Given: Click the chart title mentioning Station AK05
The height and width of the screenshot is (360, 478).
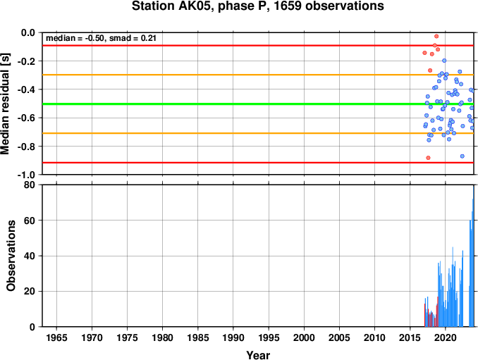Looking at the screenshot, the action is pos(257,6).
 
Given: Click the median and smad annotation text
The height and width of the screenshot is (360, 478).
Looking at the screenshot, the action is pos(101,38).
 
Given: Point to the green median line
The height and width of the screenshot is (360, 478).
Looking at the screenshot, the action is pos(258,104).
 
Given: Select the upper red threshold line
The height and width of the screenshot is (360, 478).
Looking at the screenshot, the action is pos(258,46).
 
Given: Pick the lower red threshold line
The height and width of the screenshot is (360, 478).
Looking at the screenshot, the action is pos(258,163).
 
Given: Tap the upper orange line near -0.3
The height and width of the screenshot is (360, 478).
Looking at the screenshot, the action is pos(258,75).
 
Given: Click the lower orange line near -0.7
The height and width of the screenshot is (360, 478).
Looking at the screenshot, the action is pos(258,133).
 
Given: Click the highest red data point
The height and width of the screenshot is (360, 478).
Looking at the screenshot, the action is pos(436,36).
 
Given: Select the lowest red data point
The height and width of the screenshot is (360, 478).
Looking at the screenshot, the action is pos(428,158).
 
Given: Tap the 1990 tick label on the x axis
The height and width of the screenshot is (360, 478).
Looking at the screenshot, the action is pos(233,337).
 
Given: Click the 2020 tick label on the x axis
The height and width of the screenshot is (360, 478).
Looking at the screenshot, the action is pos(446,337).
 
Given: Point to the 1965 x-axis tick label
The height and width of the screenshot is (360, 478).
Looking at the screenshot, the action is pos(56,337).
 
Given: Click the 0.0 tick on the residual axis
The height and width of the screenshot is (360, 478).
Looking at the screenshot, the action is pos(28,32).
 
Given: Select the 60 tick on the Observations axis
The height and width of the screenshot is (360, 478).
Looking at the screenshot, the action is pos(30,221).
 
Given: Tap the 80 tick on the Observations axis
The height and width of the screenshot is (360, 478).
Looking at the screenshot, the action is pos(30,185).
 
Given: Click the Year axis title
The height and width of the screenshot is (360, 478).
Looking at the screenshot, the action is pos(258,355).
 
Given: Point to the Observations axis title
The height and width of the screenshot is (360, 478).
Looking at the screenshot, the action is pos(11,256).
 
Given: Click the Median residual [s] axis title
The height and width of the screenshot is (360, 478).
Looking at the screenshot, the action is pos(5,104).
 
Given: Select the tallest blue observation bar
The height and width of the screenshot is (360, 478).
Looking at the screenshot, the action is pos(473,256).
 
